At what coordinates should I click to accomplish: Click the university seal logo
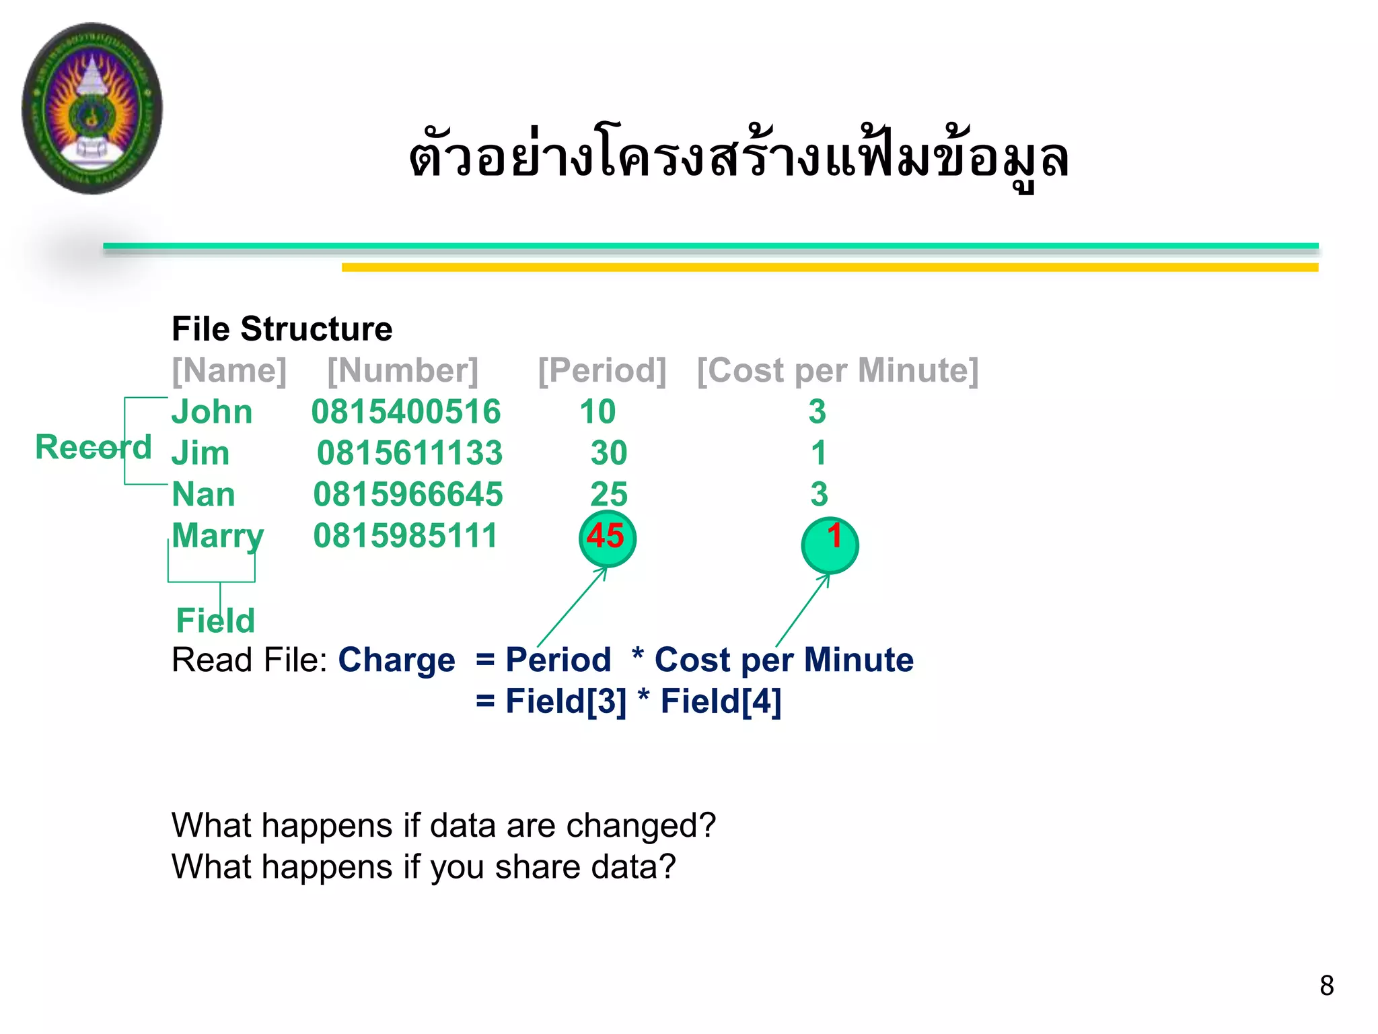click(92, 108)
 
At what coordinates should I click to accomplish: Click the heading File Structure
click(282, 329)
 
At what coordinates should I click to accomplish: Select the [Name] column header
click(229, 370)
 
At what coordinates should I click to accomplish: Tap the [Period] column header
click(602, 370)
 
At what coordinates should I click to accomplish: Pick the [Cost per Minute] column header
click(837, 370)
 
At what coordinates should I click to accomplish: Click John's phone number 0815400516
click(406, 412)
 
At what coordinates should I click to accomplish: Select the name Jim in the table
click(201, 453)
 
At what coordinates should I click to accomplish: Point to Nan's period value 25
click(608, 495)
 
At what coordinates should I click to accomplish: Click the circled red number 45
click(606, 537)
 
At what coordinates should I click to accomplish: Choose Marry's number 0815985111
click(405, 536)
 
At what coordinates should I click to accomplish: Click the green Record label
click(93, 448)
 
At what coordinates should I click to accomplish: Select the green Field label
click(215, 620)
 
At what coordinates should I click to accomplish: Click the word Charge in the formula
click(396, 660)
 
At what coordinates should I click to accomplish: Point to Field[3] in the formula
click(565, 701)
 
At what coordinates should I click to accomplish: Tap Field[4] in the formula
click(721, 701)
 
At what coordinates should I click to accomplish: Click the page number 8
click(1326, 986)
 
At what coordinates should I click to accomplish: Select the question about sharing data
click(423, 867)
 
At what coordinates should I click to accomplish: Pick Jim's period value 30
click(608, 453)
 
